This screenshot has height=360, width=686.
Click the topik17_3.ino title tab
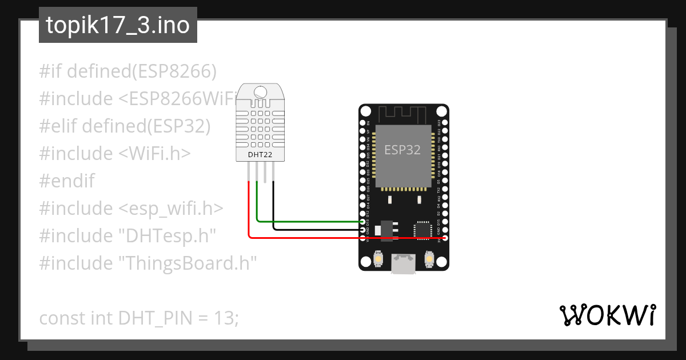pos(118,26)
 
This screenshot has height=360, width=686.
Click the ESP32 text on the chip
pos(402,150)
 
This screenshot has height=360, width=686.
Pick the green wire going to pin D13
pos(309,221)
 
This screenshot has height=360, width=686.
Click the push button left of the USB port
pos(378,260)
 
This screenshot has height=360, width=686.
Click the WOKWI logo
pos(607,315)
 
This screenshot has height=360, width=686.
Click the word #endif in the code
pos(67,181)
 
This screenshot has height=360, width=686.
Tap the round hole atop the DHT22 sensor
pos(261,91)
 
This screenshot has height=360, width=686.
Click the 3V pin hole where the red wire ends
pos(445,237)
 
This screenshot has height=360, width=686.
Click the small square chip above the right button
pos(423,229)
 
